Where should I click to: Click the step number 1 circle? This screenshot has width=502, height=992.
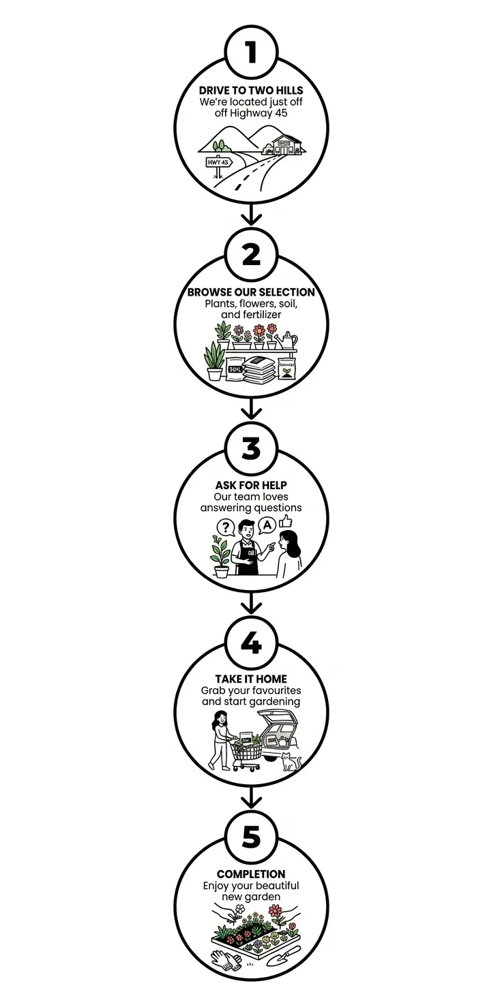point(251,52)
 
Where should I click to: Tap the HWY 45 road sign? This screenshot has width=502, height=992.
point(219,162)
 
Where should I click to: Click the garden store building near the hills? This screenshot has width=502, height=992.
point(285,144)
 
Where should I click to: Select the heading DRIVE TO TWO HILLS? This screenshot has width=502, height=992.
point(251,91)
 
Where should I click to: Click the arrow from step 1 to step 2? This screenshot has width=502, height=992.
point(251,216)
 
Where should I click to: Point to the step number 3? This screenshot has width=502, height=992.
point(251,448)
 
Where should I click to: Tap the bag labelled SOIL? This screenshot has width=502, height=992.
point(236,369)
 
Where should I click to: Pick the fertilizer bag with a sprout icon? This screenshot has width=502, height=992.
point(286,369)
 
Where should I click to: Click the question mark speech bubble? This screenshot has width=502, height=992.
point(224,527)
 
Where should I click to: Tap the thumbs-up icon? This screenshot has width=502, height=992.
point(285,522)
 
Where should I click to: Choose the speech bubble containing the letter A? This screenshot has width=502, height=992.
point(267,525)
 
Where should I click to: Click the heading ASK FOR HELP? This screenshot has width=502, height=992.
point(251,485)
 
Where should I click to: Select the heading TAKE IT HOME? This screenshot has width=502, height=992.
point(251,679)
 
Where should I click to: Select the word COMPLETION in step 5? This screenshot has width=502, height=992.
point(251,874)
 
